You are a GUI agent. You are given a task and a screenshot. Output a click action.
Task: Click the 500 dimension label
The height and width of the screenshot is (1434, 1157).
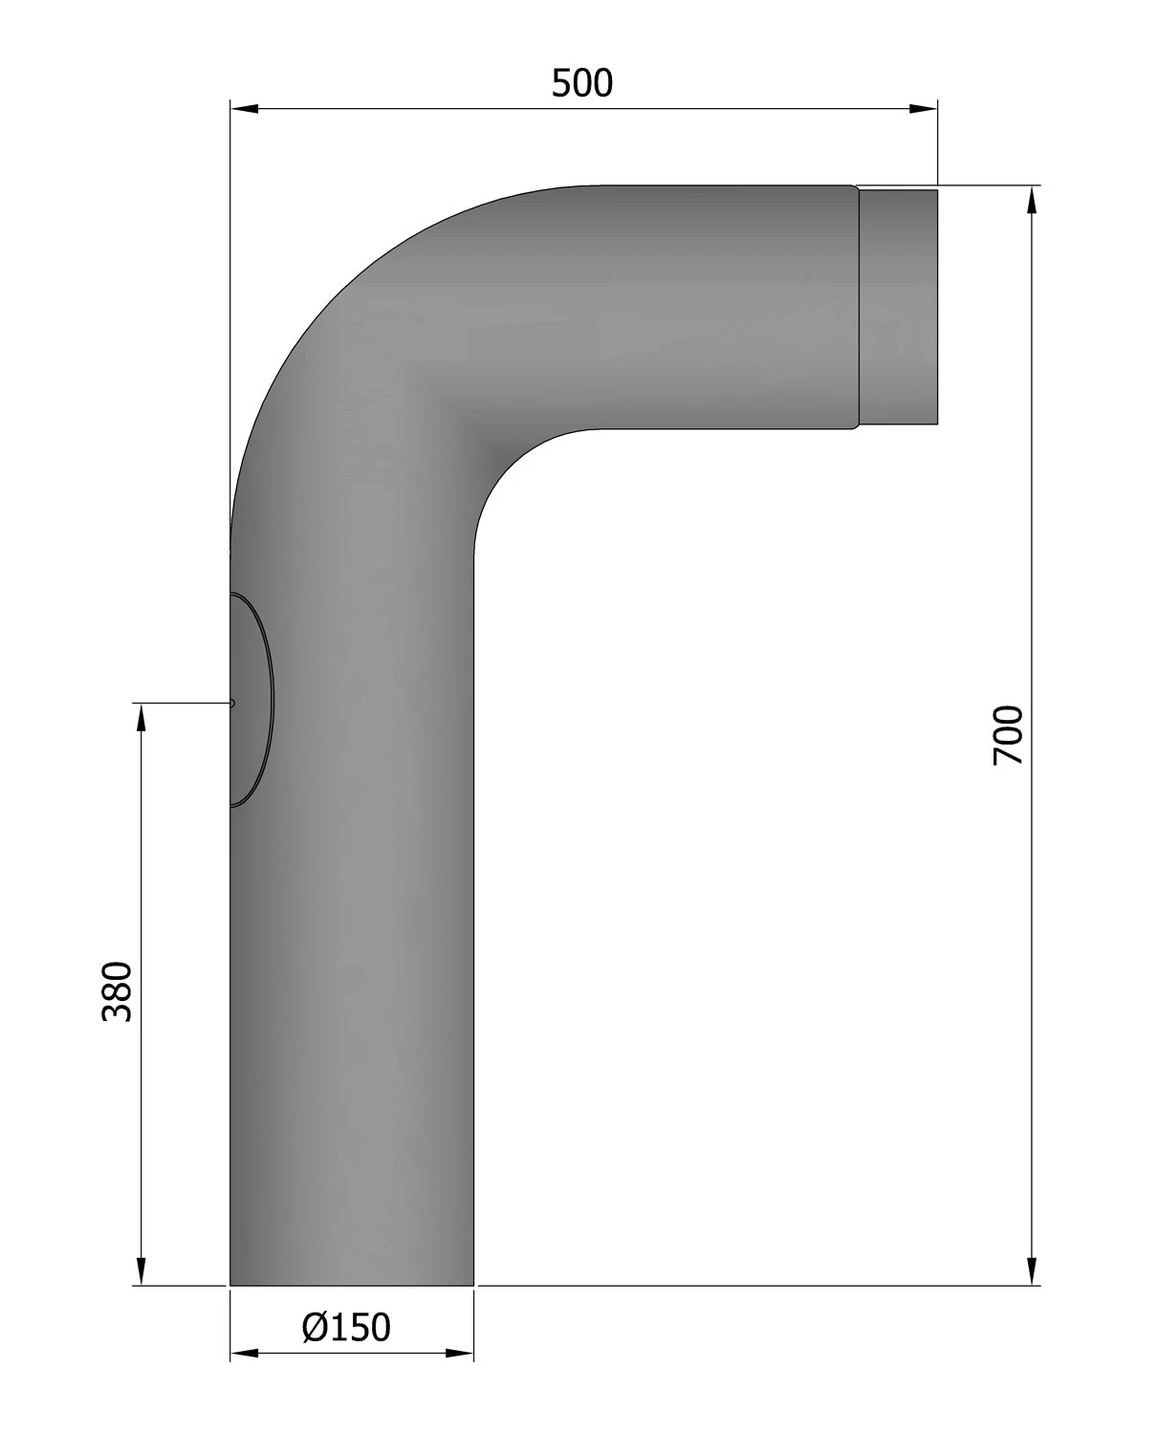pyautogui.click(x=581, y=84)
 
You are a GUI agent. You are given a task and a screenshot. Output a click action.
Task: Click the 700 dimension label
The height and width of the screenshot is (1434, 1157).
pyautogui.click(x=1009, y=734)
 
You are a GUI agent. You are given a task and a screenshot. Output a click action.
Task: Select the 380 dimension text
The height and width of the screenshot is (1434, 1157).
pyautogui.click(x=117, y=991)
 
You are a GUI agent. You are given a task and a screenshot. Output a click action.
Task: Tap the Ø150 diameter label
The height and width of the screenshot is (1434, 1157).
pyautogui.click(x=346, y=1327)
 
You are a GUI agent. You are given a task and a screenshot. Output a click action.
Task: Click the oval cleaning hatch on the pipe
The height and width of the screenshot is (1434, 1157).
pyautogui.click(x=251, y=700)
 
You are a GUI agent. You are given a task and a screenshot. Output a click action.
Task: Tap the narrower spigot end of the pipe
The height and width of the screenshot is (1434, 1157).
pyautogui.click(x=898, y=306)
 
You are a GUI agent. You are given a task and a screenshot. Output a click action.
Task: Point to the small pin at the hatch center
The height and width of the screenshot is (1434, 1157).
pyautogui.click(x=232, y=703)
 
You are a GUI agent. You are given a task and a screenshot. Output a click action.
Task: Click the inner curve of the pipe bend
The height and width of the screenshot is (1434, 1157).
pyautogui.click(x=507, y=468)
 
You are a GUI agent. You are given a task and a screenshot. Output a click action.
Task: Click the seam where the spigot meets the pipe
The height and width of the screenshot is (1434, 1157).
pyautogui.click(x=858, y=306)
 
